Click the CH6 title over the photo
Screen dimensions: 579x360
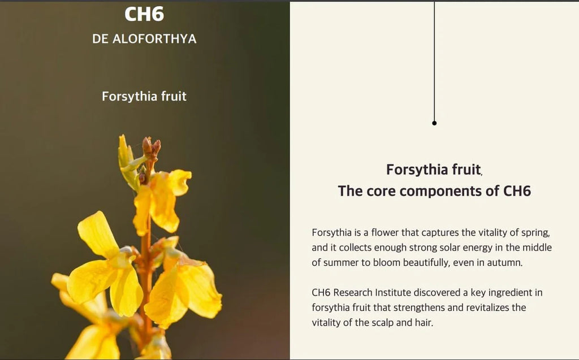[x=144, y=14]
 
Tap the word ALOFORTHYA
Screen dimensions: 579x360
[x=154, y=39]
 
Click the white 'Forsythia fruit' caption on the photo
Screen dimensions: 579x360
[x=144, y=97]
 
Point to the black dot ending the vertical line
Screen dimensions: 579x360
[x=434, y=123]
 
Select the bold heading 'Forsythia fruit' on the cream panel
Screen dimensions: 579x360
[x=434, y=170]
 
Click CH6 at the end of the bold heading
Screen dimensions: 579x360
[x=517, y=191]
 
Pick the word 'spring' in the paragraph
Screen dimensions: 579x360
[x=535, y=233]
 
